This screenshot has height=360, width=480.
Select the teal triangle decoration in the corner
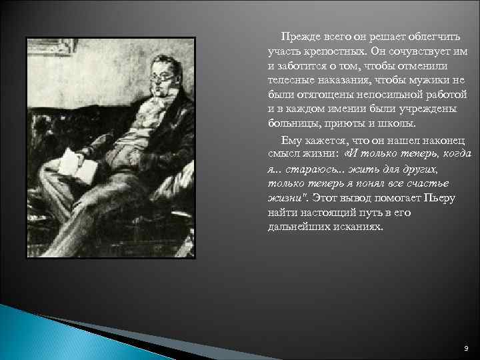[x=40, y=337]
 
